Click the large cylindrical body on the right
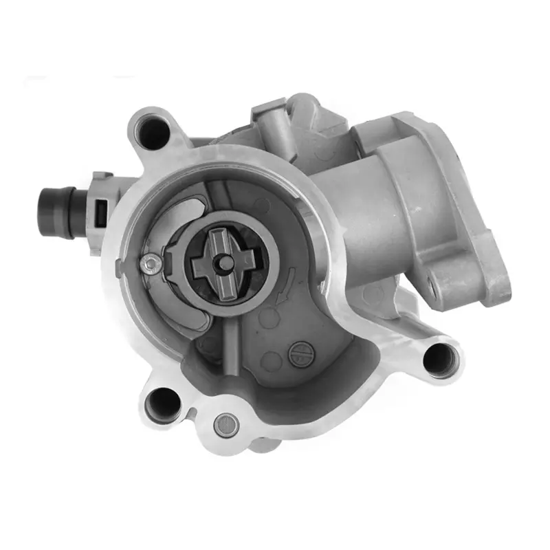click(x=385, y=206)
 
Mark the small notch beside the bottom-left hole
click(x=195, y=412)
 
